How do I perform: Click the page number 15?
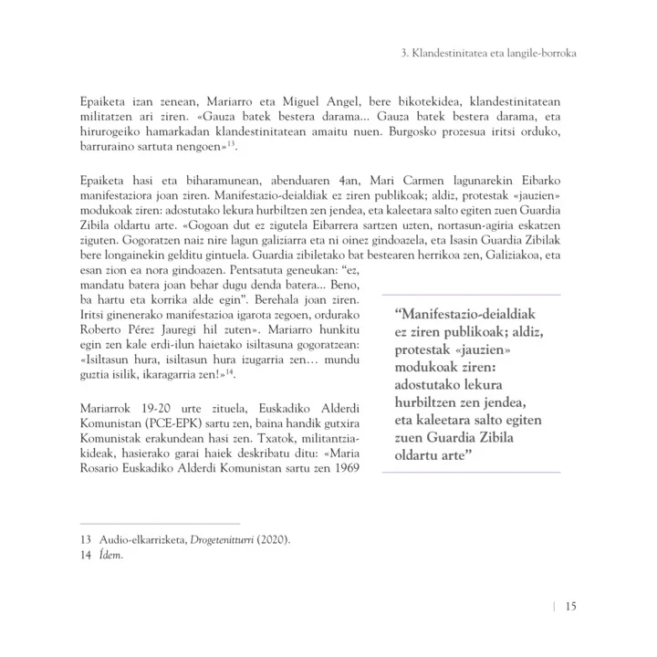coord(569,607)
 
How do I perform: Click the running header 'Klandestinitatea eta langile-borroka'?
coord(495,54)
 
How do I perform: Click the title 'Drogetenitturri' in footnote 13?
coord(229,540)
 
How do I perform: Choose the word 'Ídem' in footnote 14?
coord(109,556)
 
